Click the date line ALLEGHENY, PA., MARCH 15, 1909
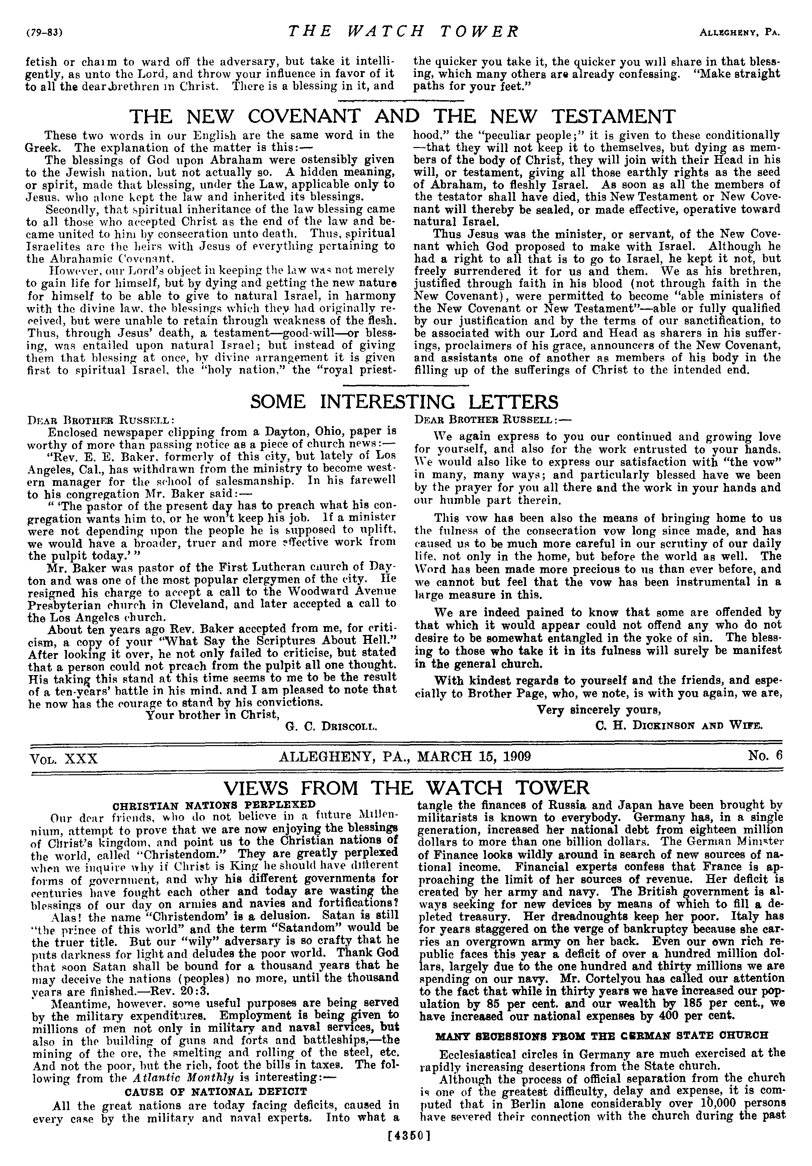[405, 757]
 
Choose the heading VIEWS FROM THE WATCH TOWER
[406, 788]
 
